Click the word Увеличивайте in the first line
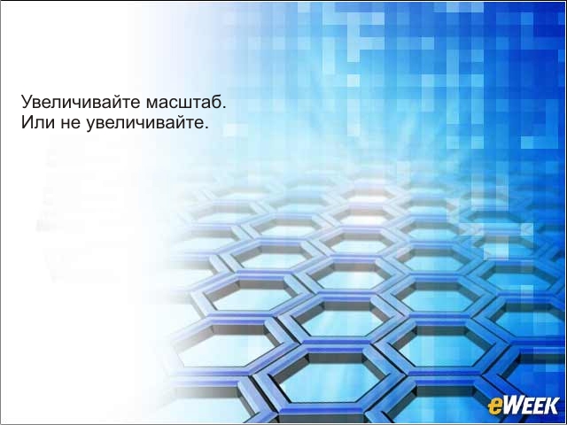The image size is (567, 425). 81,102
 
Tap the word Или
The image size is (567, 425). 37,122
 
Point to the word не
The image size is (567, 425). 70,124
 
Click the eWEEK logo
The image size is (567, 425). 524,406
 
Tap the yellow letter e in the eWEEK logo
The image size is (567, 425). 494,407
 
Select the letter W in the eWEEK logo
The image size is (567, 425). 511,406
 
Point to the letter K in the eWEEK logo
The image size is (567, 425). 552,406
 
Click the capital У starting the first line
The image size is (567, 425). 27,102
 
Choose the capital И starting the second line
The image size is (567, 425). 27,122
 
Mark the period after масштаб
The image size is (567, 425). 223,107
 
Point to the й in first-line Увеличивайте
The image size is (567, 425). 116,103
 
